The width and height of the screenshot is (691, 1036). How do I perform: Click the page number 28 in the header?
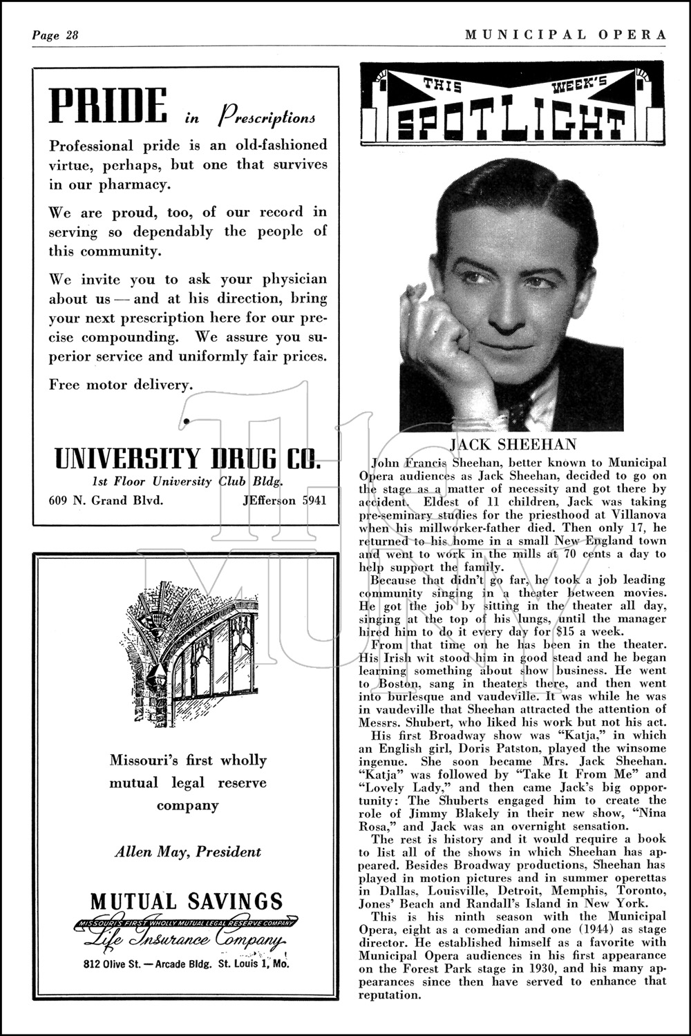(69, 35)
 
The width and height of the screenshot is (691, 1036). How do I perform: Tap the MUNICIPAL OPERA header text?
(565, 35)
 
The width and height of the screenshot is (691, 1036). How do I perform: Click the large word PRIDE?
(108, 106)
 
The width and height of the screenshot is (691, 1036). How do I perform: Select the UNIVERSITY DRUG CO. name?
(187, 458)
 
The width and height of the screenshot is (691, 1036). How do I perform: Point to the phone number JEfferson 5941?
(284, 500)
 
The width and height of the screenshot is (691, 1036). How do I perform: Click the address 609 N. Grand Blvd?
(106, 500)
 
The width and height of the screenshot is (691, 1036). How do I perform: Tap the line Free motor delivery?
(121, 385)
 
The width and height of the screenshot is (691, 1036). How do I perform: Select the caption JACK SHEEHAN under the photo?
(513, 444)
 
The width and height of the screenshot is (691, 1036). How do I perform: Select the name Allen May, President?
(188, 851)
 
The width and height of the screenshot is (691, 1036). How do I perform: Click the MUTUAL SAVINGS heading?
(187, 901)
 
